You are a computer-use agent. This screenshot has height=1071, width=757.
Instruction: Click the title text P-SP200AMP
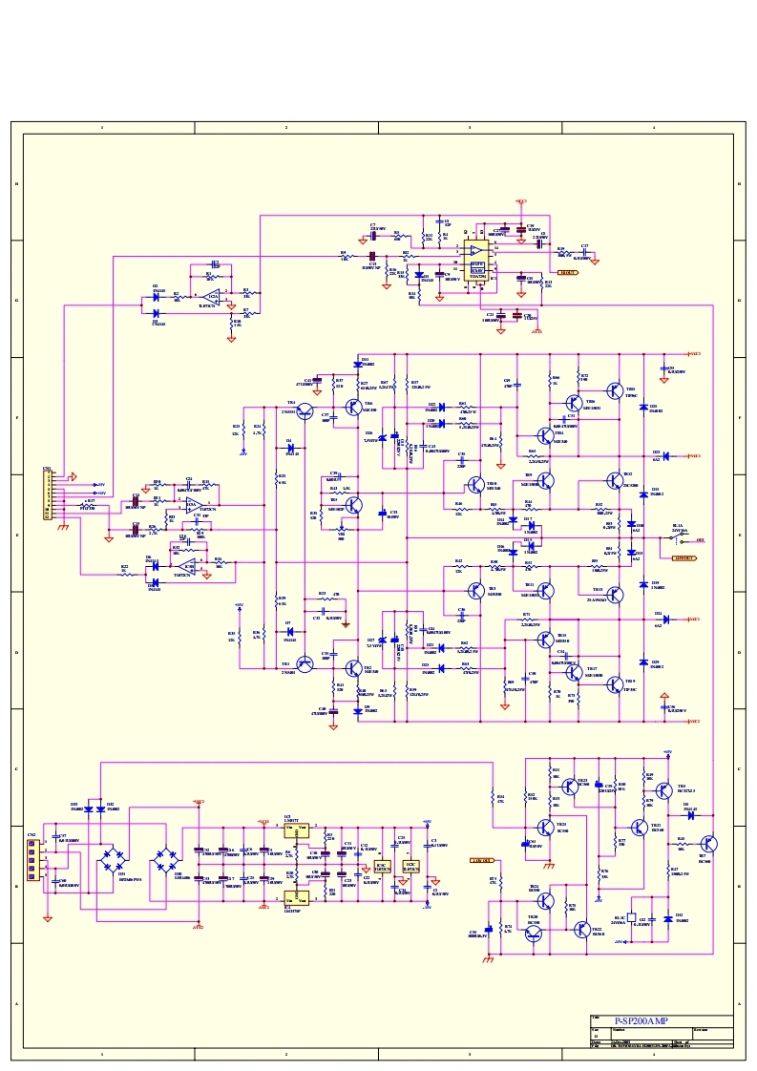coord(641,1021)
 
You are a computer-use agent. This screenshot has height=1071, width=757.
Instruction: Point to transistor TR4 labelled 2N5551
coord(305,411)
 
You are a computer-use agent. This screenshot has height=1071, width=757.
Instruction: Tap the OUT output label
coord(700,540)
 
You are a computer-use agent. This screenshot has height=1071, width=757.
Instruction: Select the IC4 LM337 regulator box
coord(297,896)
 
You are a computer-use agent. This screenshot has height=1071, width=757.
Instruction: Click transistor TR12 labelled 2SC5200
coord(614,482)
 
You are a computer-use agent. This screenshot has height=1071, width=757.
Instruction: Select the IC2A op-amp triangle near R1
coord(215,297)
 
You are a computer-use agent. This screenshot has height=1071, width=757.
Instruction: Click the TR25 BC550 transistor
coord(544,828)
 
